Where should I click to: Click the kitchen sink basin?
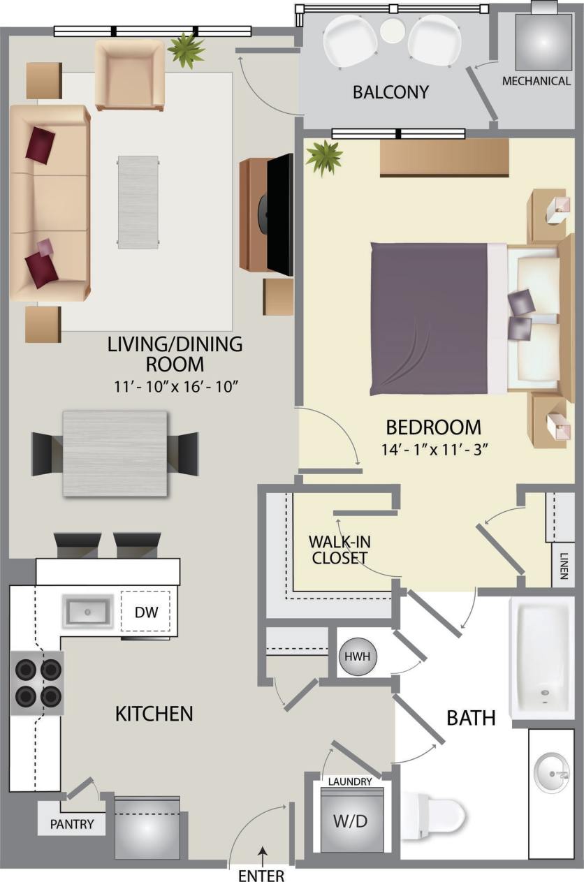coord(88,612)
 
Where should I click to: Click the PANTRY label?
coord(72,824)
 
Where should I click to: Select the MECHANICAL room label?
coord(536,81)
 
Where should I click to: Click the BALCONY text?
coord(390,92)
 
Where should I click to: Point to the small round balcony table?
coord(393,29)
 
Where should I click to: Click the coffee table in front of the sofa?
coord(138,201)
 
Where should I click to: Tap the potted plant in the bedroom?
coord(324,156)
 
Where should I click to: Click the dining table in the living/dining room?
coord(115,453)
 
